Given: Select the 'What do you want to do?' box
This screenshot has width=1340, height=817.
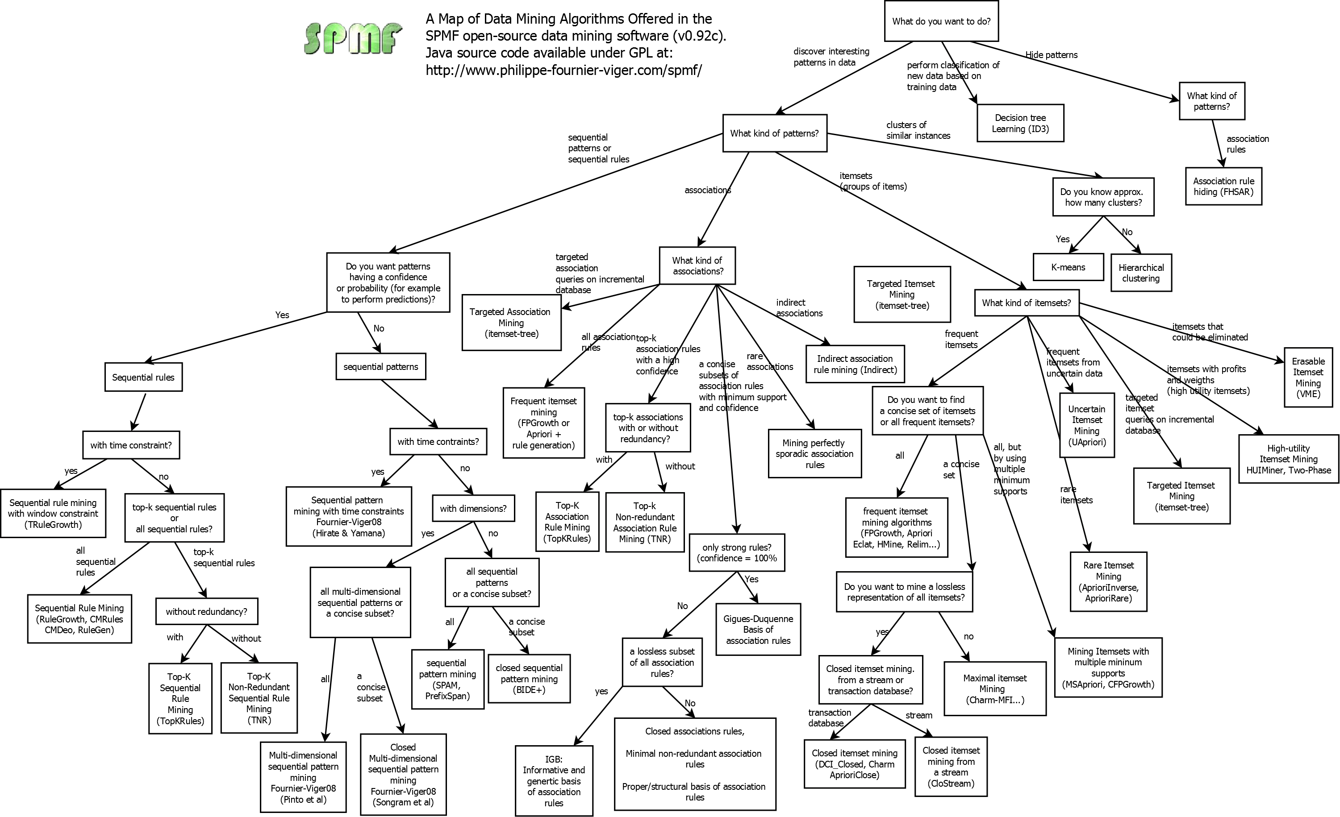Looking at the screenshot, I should (x=941, y=21).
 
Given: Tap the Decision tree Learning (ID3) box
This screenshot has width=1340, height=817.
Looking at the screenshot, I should (x=1020, y=124).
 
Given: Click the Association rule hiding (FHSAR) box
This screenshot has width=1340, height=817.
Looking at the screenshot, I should (x=1223, y=187).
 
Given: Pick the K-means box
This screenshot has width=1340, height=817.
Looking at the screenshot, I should (x=1068, y=267).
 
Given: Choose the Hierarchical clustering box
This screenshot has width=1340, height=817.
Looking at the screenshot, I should (x=1141, y=273).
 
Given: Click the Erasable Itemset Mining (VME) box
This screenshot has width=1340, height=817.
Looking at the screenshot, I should (x=1308, y=377).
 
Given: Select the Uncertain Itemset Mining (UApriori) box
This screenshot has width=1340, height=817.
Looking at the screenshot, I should (x=1086, y=425).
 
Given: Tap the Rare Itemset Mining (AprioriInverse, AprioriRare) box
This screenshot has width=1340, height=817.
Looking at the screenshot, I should (x=1108, y=582).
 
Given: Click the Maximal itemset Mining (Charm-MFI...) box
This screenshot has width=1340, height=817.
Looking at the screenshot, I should (x=995, y=688).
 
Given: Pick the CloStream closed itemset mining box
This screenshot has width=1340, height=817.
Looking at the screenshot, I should (x=951, y=767).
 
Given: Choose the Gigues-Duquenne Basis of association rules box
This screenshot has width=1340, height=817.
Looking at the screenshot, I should (x=758, y=630).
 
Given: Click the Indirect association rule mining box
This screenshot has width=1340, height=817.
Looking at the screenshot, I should (x=855, y=364).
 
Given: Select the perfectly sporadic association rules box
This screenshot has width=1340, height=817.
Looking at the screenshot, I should (x=814, y=454).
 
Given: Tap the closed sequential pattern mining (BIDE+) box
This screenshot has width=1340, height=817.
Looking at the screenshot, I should (x=529, y=679).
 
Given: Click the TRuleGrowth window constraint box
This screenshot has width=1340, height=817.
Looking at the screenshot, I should (x=53, y=514).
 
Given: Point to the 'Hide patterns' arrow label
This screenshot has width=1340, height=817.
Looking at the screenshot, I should (x=1051, y=55).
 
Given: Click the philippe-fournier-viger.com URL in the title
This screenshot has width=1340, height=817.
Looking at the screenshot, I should (x=564, y=70).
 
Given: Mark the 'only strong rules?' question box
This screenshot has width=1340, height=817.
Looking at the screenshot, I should (x=736, y=553).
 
